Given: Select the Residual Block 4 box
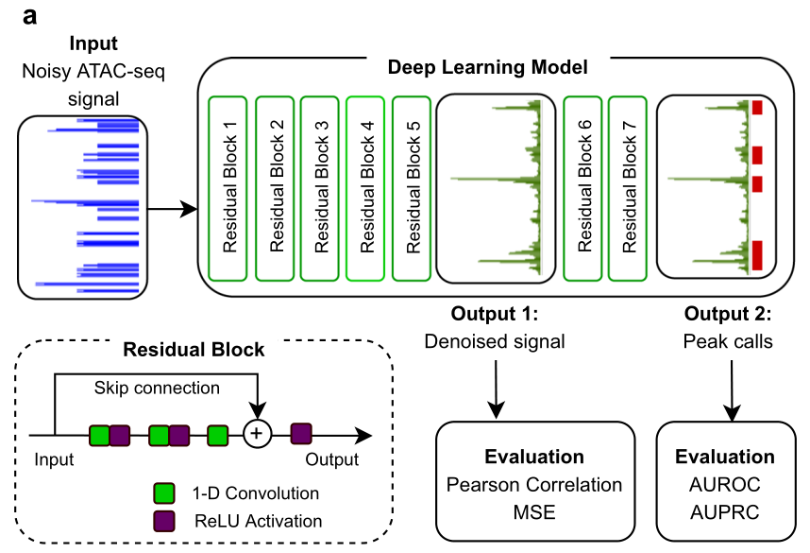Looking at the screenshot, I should [367, 187].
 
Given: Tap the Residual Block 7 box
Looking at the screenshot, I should [630, 187].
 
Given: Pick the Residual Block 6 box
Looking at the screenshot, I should [584, 187].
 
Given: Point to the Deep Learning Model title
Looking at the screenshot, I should [488, 68].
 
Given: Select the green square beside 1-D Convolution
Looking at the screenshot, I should [164, 493].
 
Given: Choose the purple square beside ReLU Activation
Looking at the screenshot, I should [164, 520].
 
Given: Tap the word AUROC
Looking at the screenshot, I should [724, 485].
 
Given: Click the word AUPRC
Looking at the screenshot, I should [724, 512].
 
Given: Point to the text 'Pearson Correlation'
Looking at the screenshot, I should [534, 485].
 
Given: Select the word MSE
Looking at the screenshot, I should [534, 512].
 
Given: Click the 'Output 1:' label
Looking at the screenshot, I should [494, 315].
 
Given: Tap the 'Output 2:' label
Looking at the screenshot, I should [727, 315].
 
